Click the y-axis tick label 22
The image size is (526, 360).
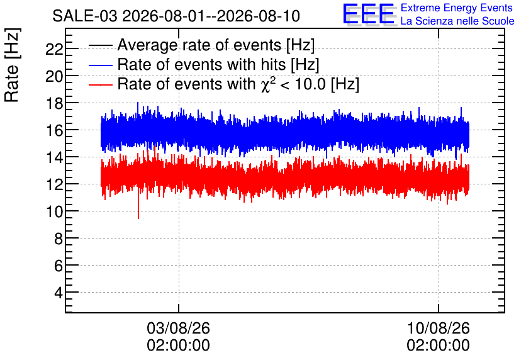[x=54, y=50]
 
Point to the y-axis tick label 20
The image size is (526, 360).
[x=54, y=77]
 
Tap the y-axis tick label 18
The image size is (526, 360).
[x=54, y=104]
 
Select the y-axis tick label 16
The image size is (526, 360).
[x=54, y=130]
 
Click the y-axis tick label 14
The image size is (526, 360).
[x=54, y=158]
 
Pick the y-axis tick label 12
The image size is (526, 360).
[x=54, y=184]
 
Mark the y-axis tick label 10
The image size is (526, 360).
[x=54, y=211]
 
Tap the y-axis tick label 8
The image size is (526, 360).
[x=59, y=239]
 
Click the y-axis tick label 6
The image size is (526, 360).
[x=59, y=266]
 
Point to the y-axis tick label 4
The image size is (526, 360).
[x=59, y=293]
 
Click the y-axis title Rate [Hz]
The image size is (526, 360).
[x=12, y=65]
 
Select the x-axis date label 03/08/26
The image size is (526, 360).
[x=178, y=328]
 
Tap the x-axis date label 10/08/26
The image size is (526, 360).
[x=438, y=328]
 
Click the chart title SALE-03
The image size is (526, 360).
[x=85, y=16]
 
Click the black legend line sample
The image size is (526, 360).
[x=100, y=45]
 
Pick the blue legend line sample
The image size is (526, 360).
[x=100, y=65]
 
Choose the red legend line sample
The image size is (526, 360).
[x=100, y=84]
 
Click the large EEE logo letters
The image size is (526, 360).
[x=369, y=14]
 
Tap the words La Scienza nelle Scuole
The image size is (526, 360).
[x=457, y=21]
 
